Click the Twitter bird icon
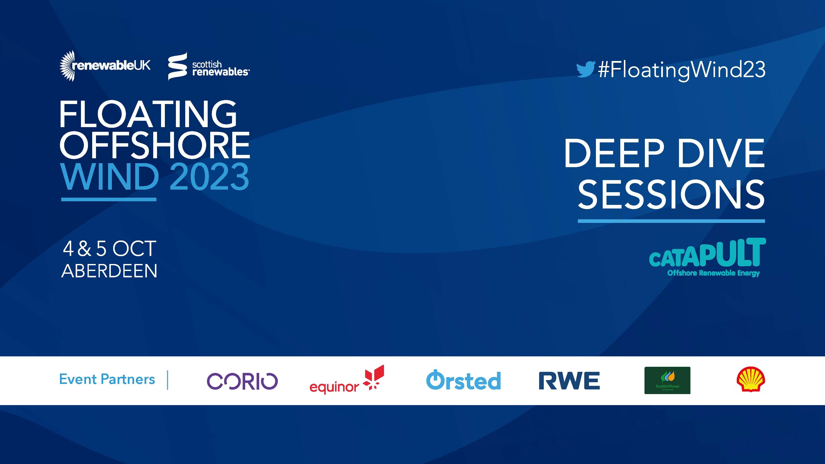586,69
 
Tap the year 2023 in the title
209,176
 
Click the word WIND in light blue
110,176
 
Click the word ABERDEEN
109,271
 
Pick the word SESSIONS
671,194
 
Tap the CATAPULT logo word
707,253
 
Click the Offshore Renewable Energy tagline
714,273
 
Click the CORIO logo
242,381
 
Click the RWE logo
569,381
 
